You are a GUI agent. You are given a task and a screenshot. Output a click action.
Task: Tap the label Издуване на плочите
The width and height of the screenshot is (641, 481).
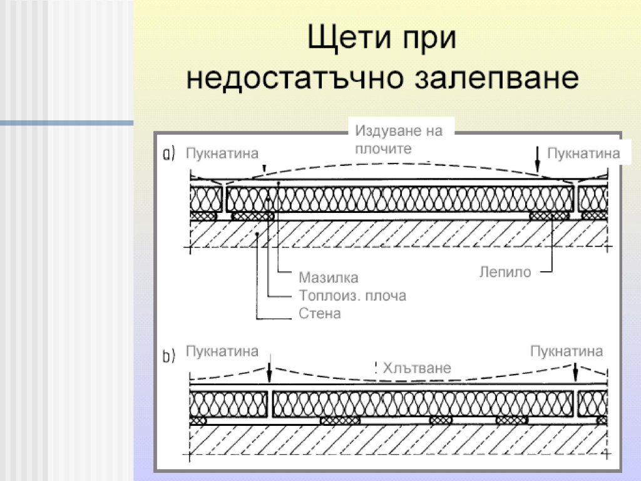[x=399, y=140]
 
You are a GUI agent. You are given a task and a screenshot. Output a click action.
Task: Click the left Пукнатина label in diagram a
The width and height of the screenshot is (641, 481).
[x=222, y=153]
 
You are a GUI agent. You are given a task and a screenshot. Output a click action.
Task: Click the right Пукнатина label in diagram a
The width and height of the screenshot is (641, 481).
[x=583, y=153]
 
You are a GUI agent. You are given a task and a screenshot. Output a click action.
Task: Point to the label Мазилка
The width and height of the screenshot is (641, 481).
[x=328, y=277]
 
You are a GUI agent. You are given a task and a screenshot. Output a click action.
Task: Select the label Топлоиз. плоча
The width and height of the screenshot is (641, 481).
[x=352, y=296]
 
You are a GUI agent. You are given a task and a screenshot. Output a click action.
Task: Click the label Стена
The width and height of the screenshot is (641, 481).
[x=320, y=313]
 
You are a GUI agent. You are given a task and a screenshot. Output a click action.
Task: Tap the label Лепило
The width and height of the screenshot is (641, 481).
[x=505, y=272]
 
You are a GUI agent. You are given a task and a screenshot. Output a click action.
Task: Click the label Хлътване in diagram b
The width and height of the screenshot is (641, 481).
[x=416, y=368]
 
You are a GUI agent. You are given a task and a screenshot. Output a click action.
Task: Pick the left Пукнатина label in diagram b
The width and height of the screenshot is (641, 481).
[x=222, y=351]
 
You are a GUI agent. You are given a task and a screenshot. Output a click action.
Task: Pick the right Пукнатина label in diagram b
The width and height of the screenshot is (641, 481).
[x=567, y=351]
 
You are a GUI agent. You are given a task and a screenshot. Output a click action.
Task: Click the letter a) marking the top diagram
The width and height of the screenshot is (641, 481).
[x=169, y=153]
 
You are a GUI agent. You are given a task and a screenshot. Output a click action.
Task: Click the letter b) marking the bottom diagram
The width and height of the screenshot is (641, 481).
[x=169, y=356]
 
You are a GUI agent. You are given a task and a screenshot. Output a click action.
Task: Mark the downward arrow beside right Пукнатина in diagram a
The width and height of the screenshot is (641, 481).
[x=538, y=160]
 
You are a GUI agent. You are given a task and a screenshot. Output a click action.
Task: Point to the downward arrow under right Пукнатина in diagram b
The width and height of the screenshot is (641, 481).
[x=576, y=370]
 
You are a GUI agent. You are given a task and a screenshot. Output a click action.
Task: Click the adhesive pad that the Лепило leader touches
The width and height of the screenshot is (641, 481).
[x=550, y=216]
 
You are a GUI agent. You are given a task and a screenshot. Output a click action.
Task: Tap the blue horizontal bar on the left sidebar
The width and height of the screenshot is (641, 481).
[x=66, y=123]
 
